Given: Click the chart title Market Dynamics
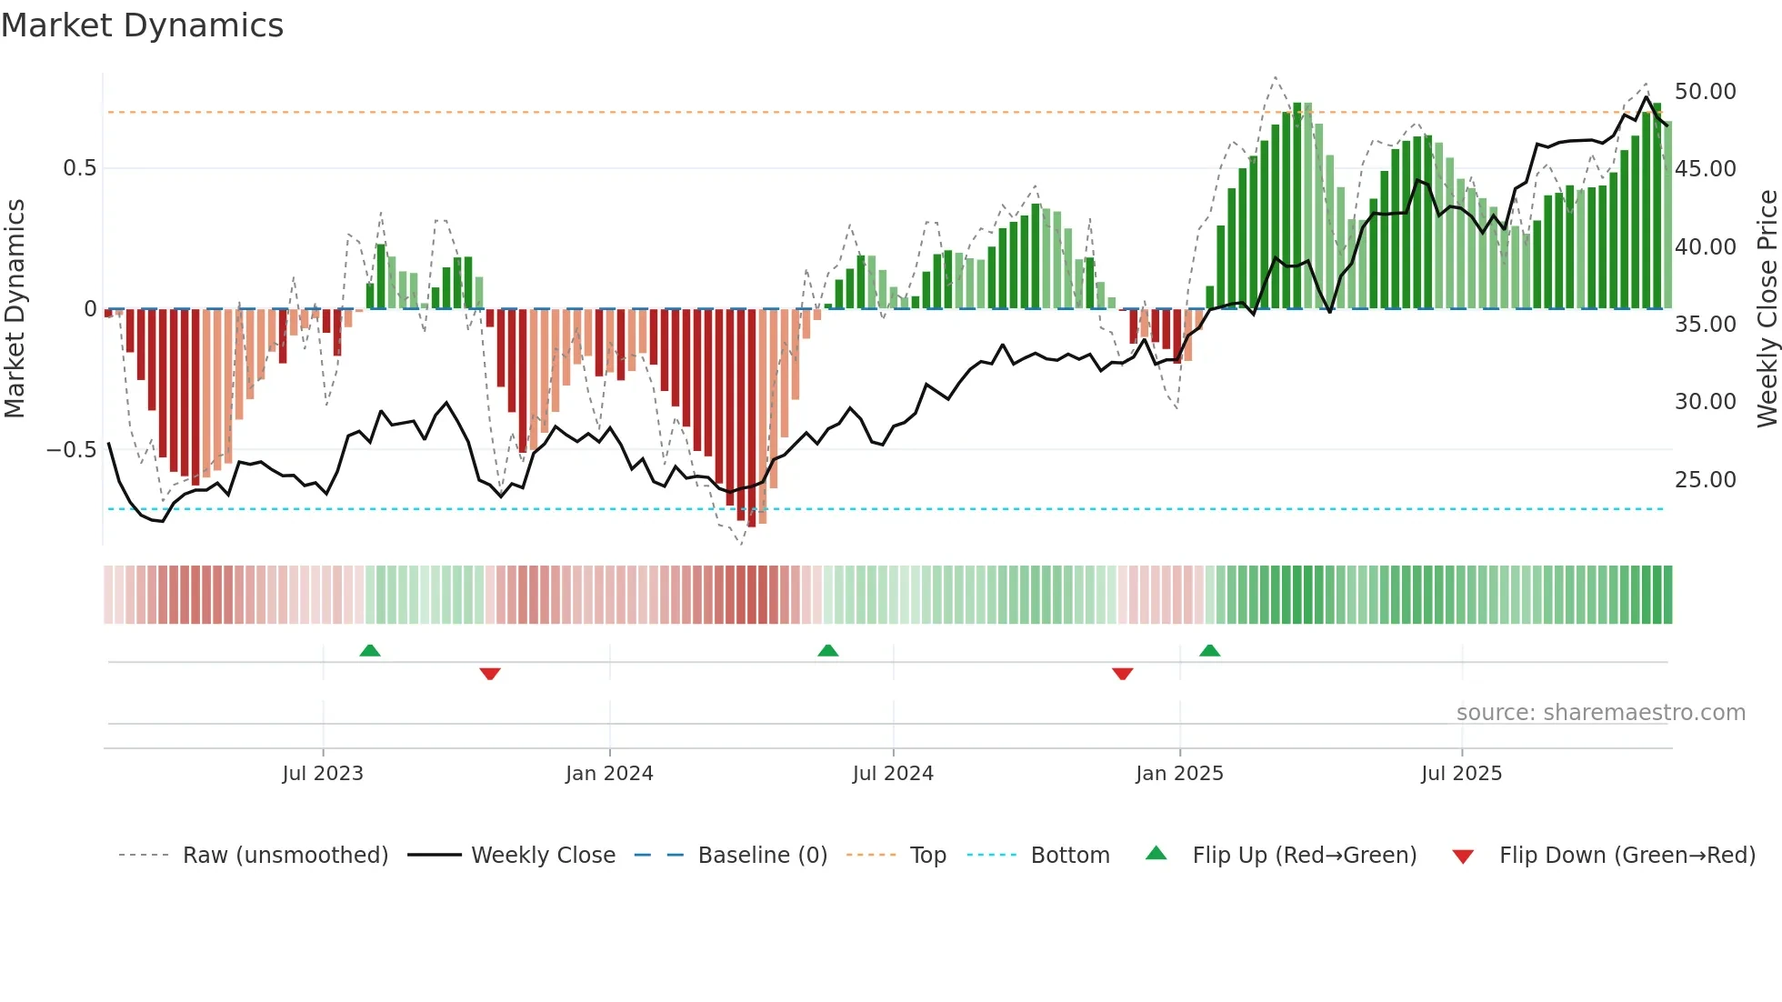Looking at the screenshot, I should (142, 25).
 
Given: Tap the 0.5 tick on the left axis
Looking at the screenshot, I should (79, 168).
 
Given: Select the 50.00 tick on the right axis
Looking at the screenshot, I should (1705, 92).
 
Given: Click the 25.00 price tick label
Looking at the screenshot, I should (1705, 480).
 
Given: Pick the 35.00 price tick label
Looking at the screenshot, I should (1705, 325).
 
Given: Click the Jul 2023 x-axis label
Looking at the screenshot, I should (323, 774).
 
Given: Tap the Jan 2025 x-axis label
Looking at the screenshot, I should (1179, 774).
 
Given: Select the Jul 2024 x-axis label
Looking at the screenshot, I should (893, 774).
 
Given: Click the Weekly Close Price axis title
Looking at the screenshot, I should (1767, 309).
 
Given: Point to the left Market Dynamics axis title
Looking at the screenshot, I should (15, 309).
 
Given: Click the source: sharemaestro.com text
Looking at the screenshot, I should (1600, 713).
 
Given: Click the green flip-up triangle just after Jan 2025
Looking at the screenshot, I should (1209, 651).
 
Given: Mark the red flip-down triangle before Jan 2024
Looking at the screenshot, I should (490, 674).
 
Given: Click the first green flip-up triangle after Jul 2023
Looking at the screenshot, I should (370, 651).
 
